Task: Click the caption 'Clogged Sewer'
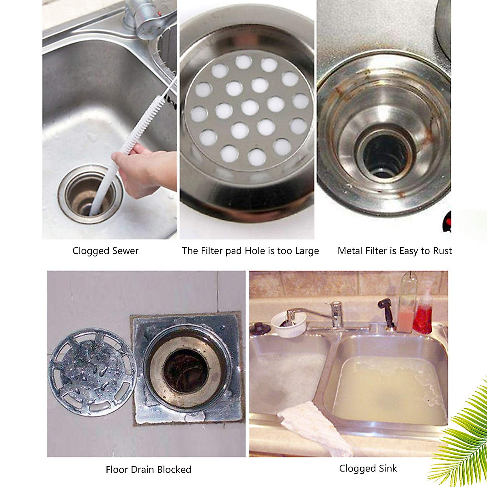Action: pos(106,251)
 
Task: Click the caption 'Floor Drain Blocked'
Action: pos(148,470)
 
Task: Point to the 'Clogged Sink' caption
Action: pos(368,468)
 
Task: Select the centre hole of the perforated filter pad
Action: pos(250,107)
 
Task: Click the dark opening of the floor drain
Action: pos(187,370)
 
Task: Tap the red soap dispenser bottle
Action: pos(423,315)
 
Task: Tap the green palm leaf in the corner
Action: pos(467,438)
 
